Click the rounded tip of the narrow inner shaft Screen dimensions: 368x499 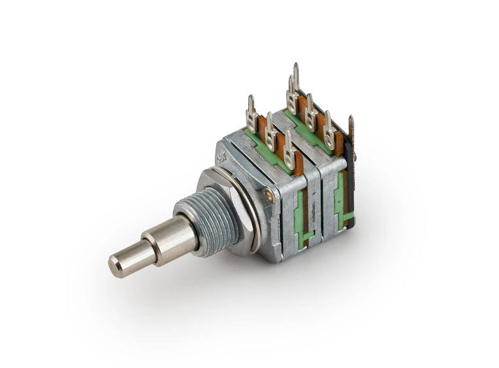click(x=115, y=265)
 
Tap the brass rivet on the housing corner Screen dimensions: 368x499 click(x=268, y=194)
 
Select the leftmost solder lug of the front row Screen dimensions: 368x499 click(x=251, y=117)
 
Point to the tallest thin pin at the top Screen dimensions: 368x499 click(x=296, y=75)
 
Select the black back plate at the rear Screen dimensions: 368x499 click(x=350, y=183)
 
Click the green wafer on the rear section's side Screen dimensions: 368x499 click(x=340, y=200)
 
